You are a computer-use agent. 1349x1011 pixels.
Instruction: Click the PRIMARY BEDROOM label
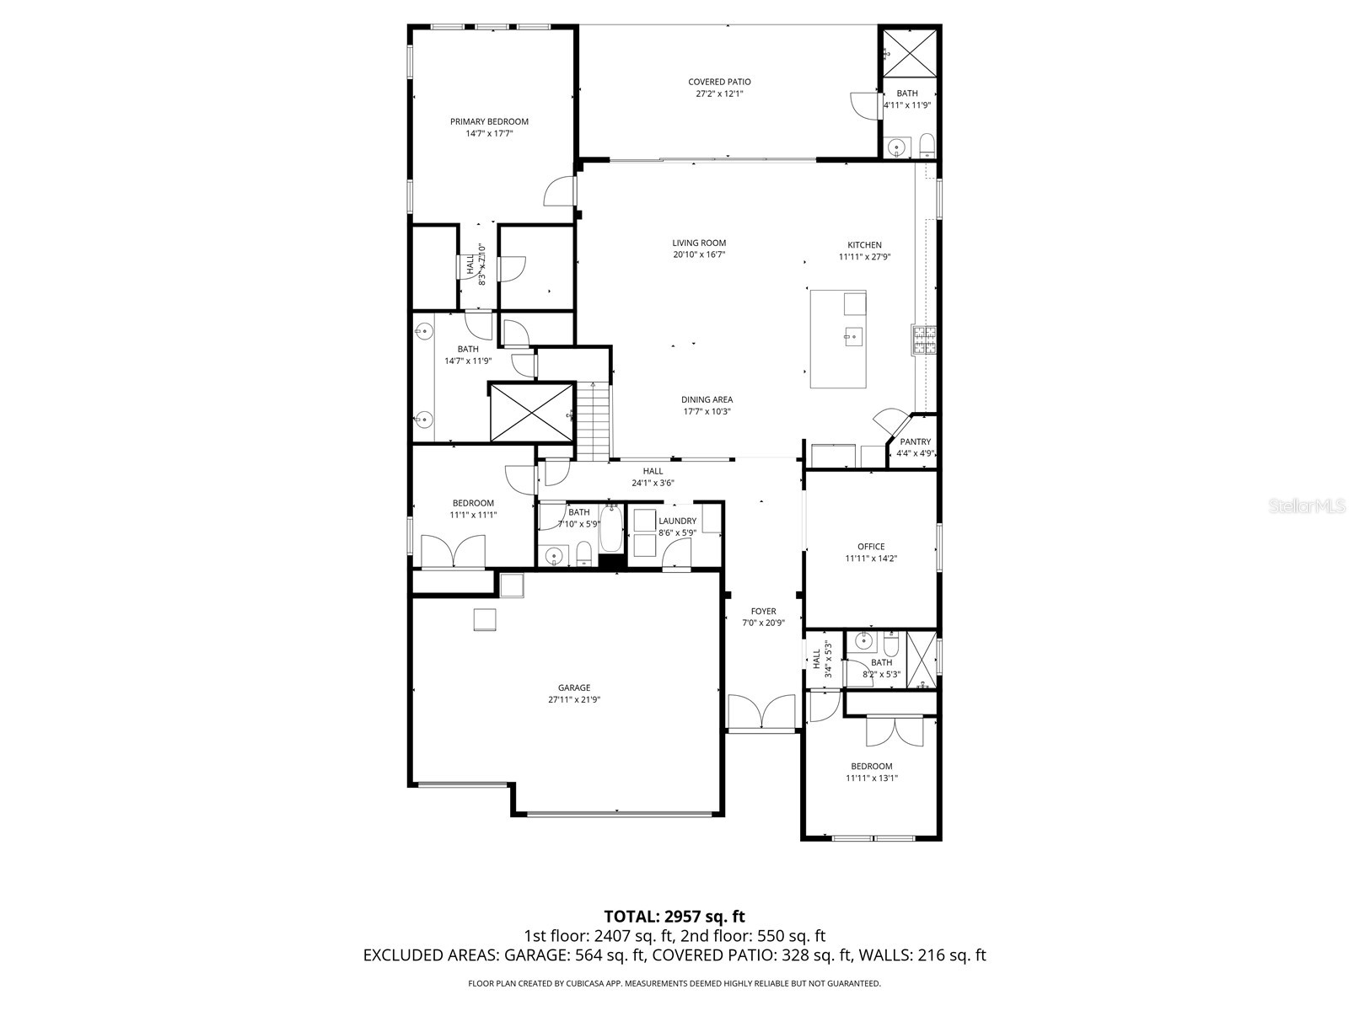489,121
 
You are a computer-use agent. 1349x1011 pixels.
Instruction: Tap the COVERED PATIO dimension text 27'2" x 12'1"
719,94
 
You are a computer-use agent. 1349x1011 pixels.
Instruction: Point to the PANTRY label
915,441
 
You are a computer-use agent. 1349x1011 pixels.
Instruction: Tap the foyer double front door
761,713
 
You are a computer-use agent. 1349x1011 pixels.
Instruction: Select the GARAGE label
573,687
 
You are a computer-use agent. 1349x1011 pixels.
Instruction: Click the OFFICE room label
871,547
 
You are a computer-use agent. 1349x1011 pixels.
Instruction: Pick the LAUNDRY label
677,521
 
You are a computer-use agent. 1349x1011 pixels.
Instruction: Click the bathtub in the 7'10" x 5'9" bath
610,528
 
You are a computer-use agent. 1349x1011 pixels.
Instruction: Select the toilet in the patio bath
927,146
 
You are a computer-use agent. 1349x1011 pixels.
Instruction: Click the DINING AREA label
707,399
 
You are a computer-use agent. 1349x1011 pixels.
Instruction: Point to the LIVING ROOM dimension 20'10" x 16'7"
699,254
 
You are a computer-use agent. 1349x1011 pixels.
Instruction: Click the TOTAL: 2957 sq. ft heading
674,916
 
